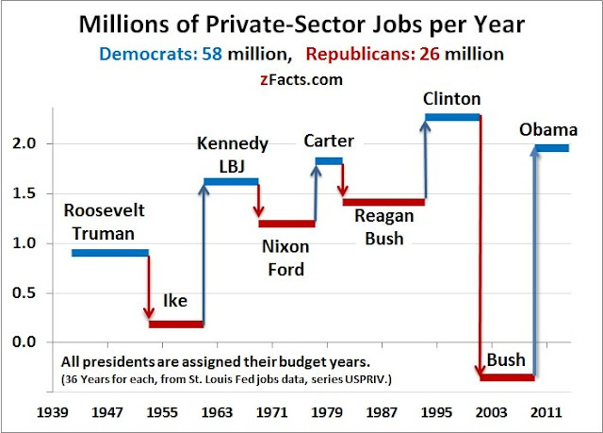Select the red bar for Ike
pos(175,324)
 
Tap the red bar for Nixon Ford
pos(286,224)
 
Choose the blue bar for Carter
pos(329,161)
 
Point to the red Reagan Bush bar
pos(383,202)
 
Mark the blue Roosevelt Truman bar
pos(110,252)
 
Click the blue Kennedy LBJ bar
pos(231,181)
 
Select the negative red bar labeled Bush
pos(507,377)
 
